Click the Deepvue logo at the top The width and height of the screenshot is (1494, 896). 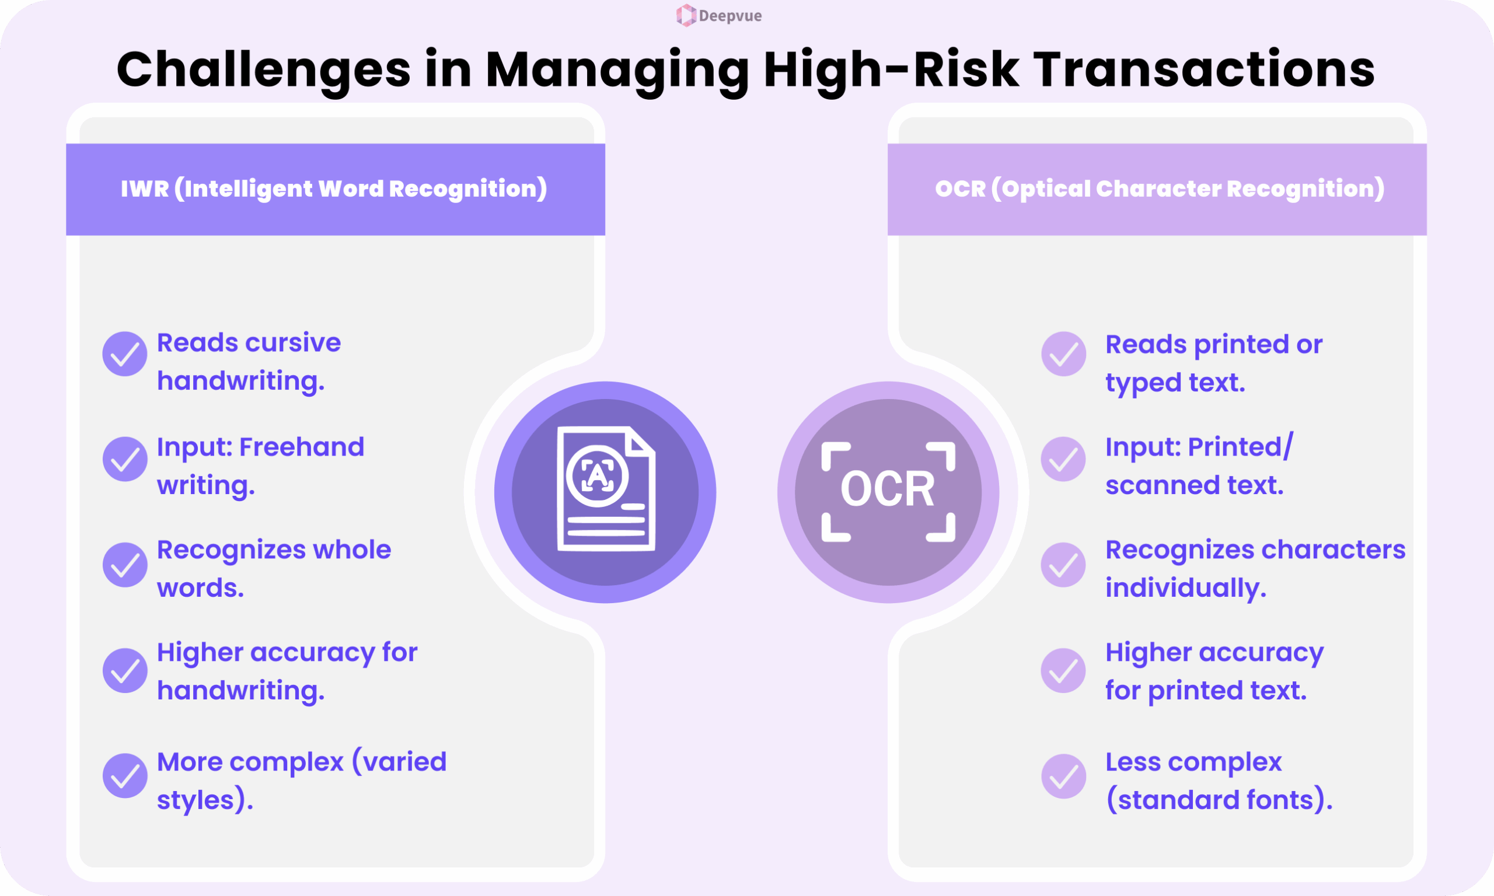tap(718, 16)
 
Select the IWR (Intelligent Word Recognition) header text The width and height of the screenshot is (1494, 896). tap(334, 189)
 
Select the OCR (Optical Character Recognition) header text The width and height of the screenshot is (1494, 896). tap(1160, 189)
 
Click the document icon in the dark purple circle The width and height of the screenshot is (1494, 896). tap(606, 488)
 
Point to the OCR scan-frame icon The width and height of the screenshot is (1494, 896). tap(888, 492)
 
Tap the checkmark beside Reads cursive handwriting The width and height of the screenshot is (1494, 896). tap(125, 354)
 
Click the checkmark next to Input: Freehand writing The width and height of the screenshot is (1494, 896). tap(125, 459)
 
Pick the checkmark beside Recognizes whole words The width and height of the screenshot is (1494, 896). tap(125, 565)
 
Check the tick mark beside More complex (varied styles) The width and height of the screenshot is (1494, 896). tap(125, 776)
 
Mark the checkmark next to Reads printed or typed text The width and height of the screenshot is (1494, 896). tap(1063, 354)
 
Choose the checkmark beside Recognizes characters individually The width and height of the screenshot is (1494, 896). tap(1063, 565)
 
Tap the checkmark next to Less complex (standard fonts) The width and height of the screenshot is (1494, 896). tap(1063, 776)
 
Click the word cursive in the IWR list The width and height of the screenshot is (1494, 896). tap(295, 343)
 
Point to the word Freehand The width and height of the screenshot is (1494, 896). tap(302, 447)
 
